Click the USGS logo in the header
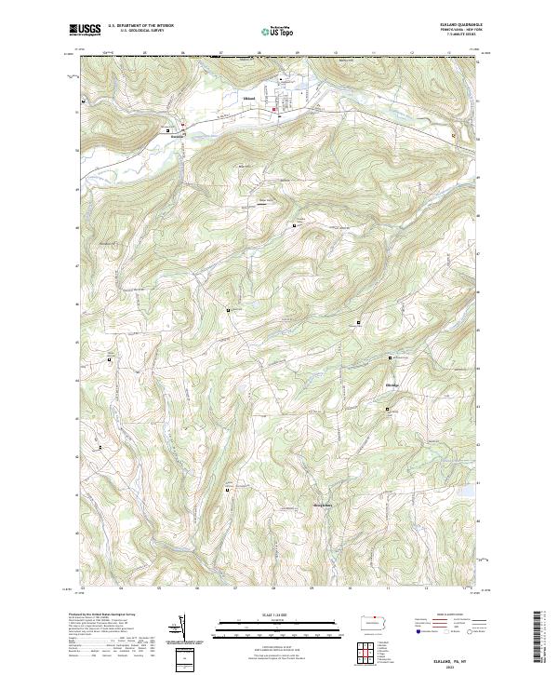coord(85,30)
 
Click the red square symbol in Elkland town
coord(274,112)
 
